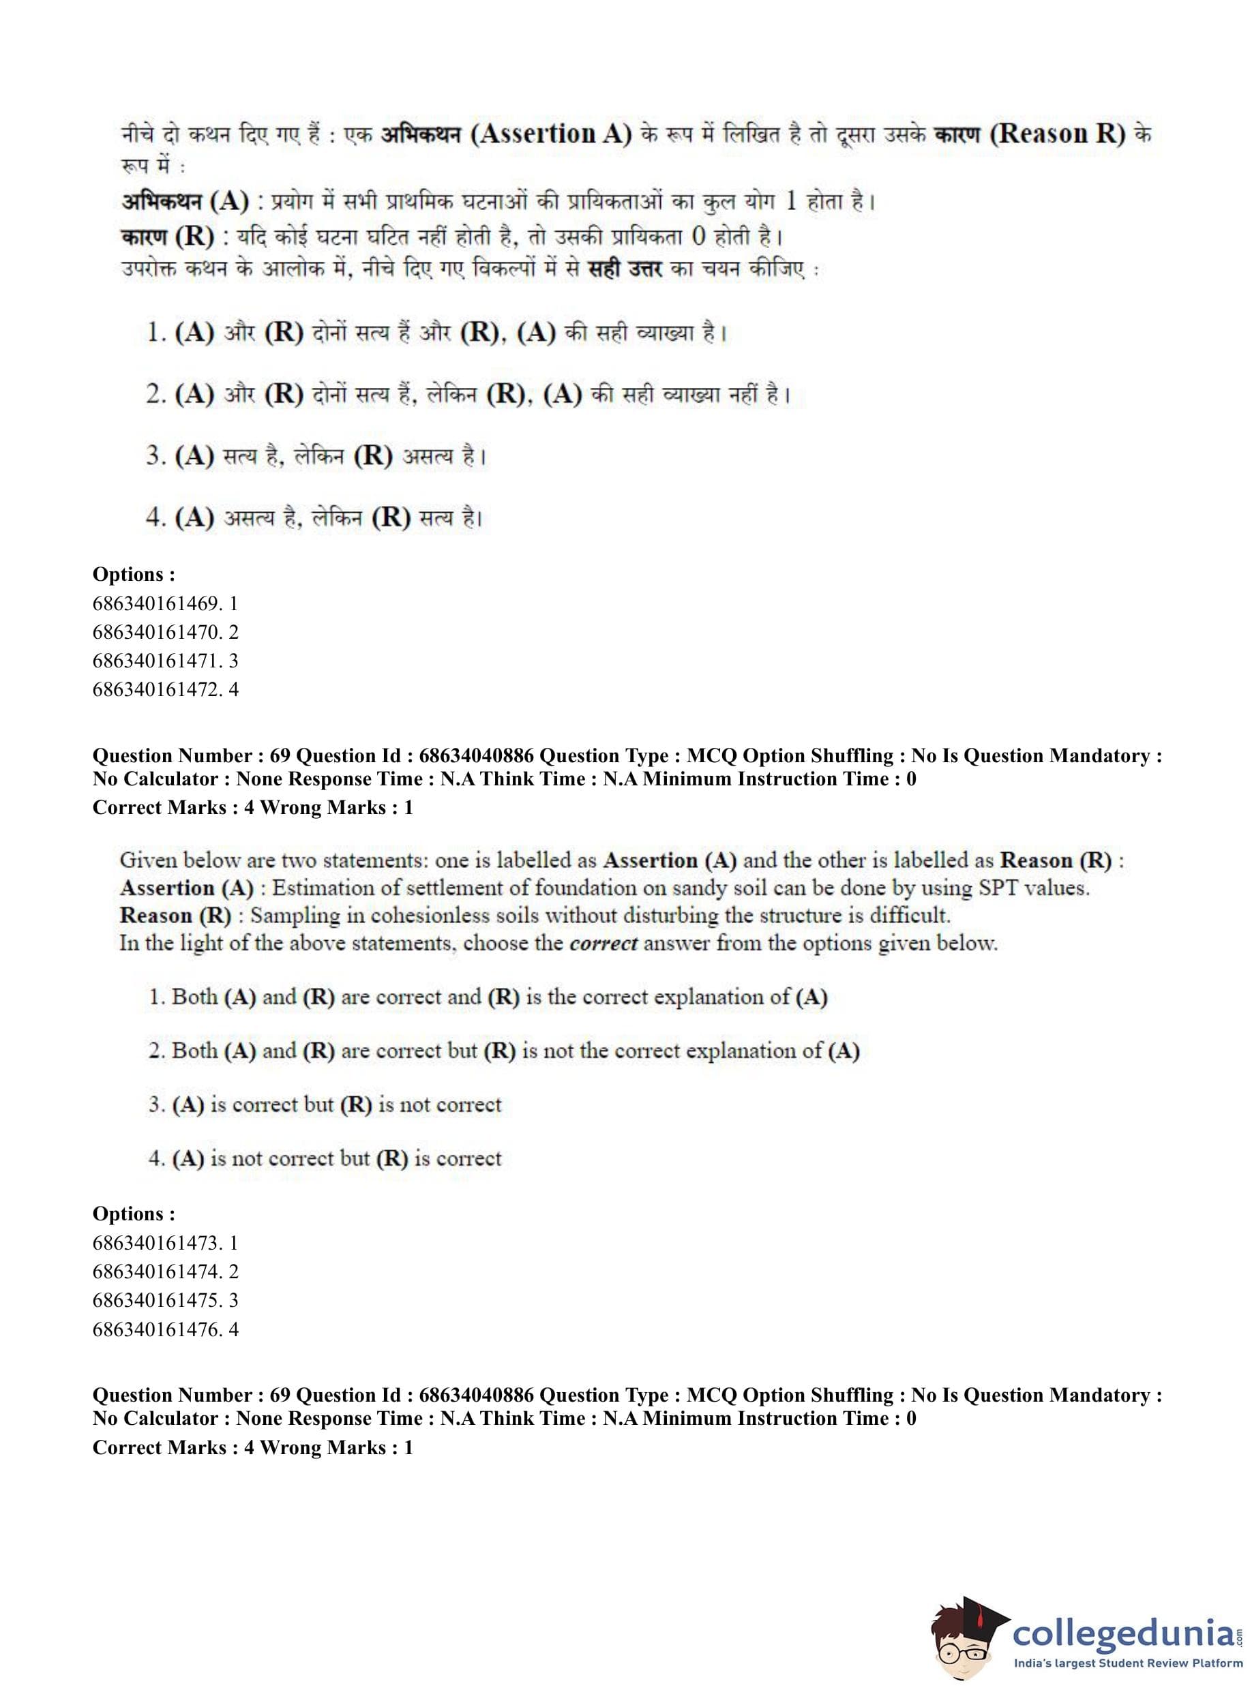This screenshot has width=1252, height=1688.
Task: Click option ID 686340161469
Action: click(x=165, y=603)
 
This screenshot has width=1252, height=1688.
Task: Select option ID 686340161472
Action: click(x=165, y=689)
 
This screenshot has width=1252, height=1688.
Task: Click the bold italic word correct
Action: click(x=603, y=944)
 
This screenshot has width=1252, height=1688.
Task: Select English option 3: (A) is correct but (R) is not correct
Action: click(x=325, y=1104)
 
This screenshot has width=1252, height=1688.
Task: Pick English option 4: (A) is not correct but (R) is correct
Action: click(x=325, y=1158)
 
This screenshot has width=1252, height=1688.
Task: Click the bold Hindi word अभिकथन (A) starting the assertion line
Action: click(x=185, y=202)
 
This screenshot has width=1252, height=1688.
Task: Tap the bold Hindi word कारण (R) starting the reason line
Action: click(x=168, y=237)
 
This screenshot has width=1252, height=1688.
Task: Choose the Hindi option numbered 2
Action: click(x=468, y=395)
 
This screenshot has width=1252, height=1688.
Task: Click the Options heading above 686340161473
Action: click(x=134, y=1214)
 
